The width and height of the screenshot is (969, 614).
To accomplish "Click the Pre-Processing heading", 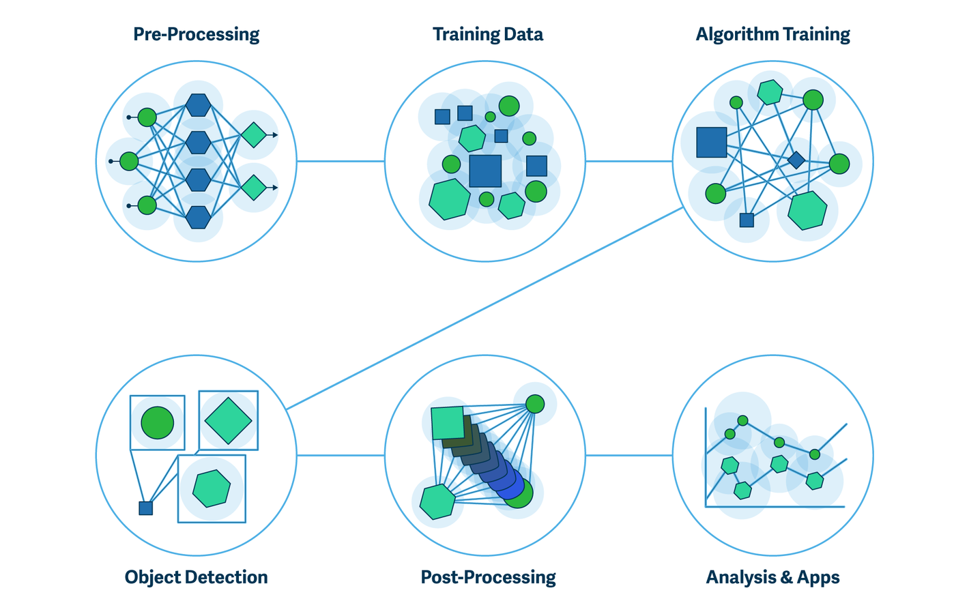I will click(197, 35).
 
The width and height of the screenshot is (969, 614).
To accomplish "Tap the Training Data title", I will click(487, 35).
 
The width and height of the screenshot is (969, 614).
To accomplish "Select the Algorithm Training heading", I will click(772, 35).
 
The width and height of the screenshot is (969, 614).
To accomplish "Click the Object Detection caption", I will click(196, 577).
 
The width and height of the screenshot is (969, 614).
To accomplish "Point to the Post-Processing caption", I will click(488, 577).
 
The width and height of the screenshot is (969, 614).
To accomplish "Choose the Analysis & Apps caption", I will click(772, 577).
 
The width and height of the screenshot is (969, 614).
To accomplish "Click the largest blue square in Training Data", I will click(485, 171).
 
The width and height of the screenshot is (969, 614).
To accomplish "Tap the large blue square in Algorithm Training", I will click(711, 142).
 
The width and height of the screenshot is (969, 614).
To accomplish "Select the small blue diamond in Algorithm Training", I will click(796, 160).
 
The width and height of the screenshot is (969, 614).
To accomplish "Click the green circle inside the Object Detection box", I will click(158, 423).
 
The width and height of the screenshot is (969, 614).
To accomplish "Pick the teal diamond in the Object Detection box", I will click(228, 420).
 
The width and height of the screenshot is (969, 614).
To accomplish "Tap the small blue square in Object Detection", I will click(145, 508).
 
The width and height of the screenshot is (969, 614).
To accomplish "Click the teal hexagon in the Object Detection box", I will click(212, 488).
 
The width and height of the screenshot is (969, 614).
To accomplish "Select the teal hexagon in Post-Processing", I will click(437, 502).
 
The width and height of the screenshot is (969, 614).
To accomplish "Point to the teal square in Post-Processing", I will click(448, 422).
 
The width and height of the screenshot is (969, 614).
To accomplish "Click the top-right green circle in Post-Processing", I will click(535, 404).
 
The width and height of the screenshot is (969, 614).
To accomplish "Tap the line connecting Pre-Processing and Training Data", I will click(341, 162).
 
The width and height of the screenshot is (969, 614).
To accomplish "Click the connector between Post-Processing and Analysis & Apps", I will click(629, 455).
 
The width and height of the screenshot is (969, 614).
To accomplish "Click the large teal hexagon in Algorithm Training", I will click(807, 211).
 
